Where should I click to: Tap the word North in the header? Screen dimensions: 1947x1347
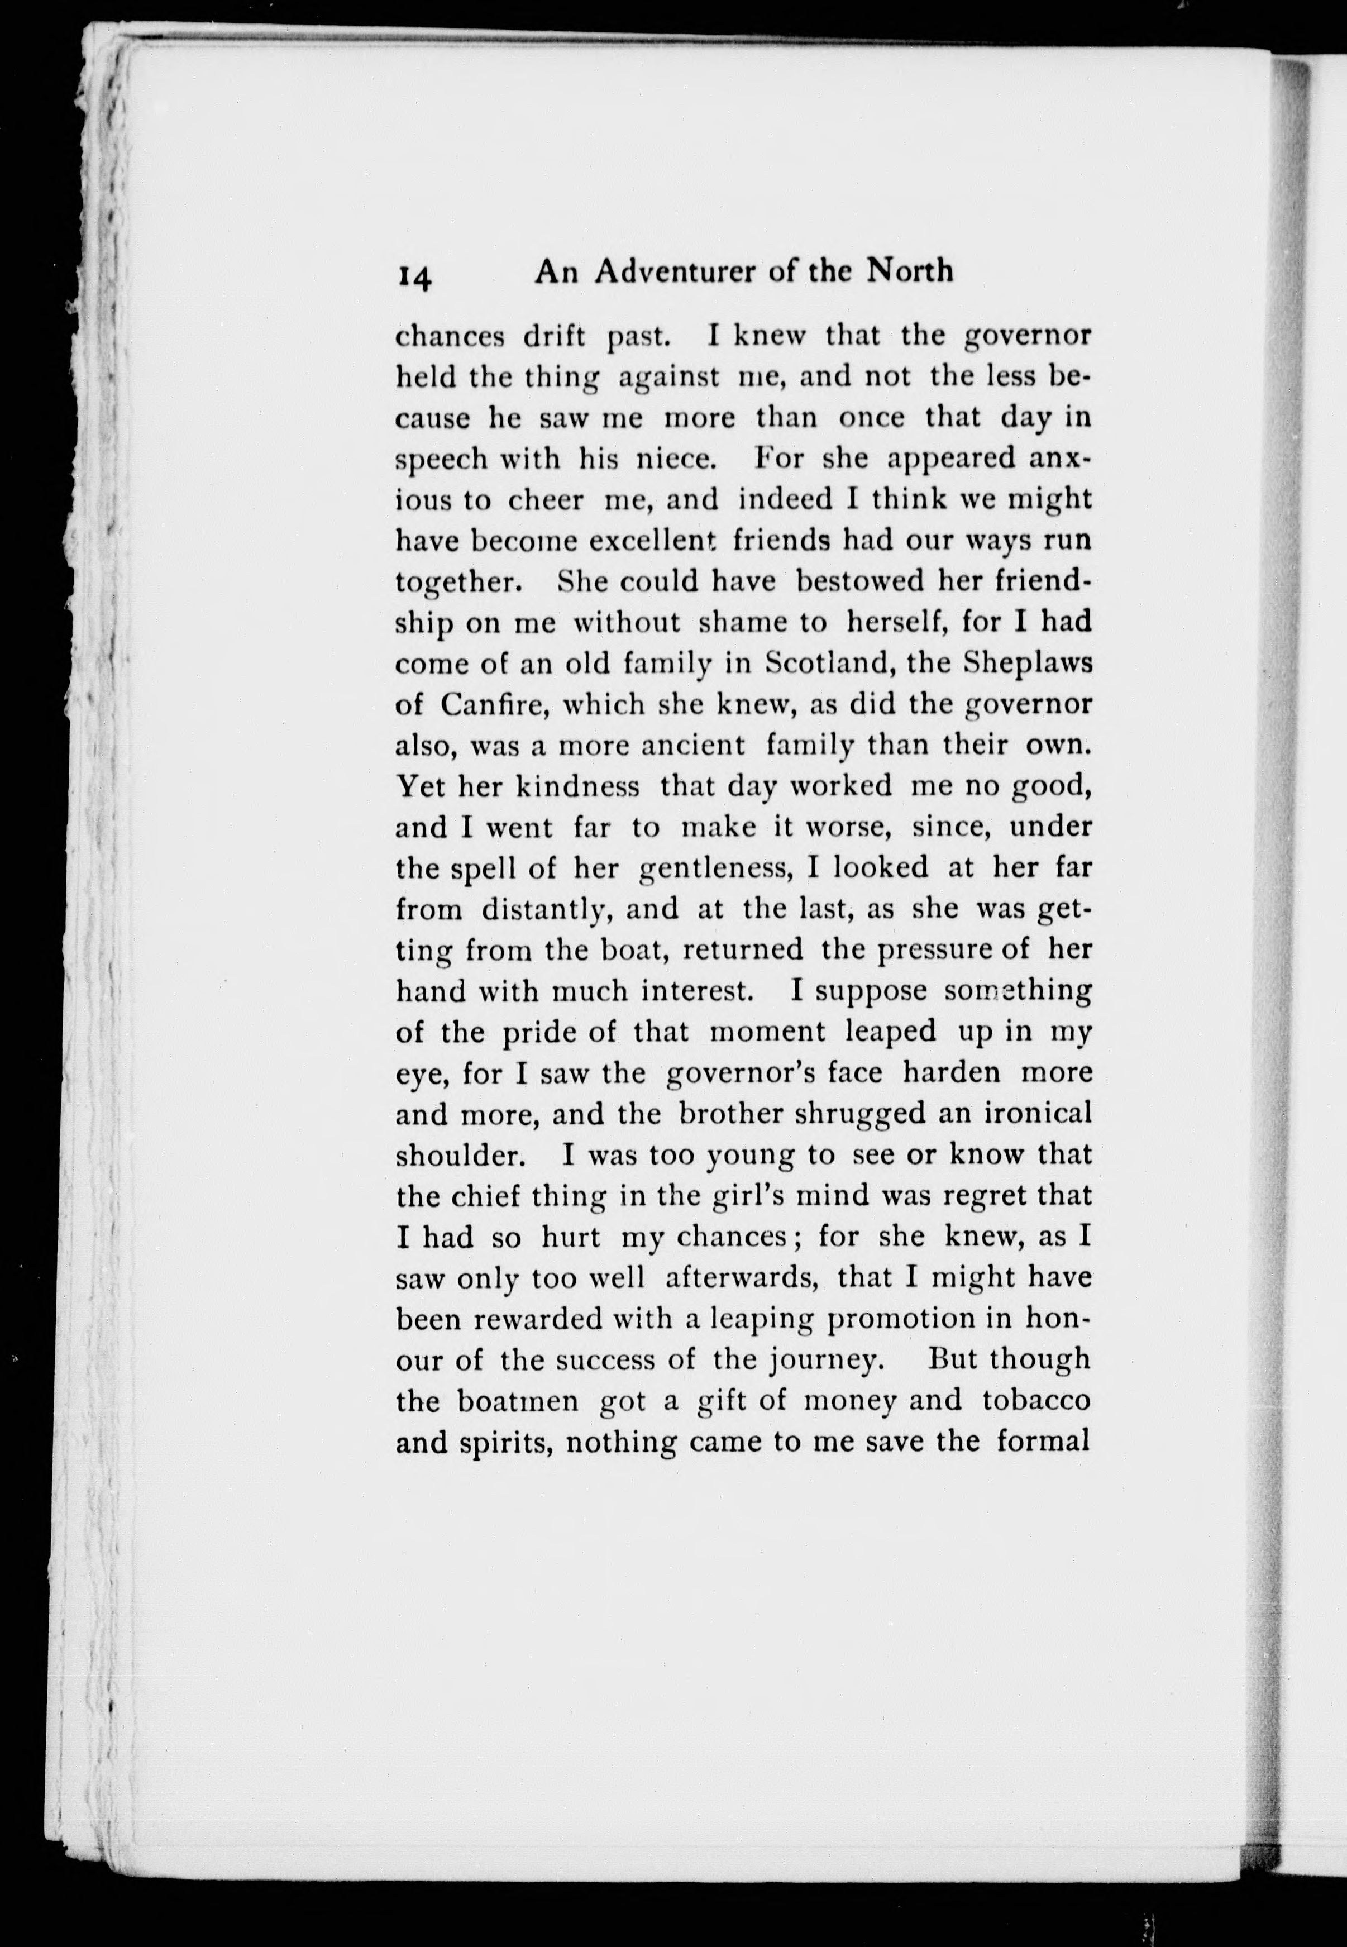(909, 271)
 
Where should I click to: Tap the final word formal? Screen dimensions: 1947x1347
(1043, 1442)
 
